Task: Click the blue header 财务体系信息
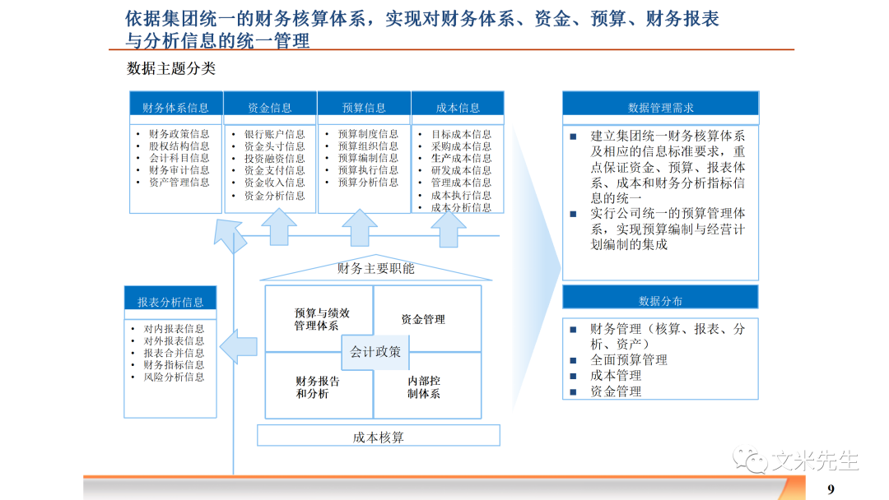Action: click(175, 108)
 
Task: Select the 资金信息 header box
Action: click(270, 108)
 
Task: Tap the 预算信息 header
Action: click(364, 108)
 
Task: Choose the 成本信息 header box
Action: click(458, 108)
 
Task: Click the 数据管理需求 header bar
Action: click(660, 108)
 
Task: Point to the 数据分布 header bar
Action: click(660, 301)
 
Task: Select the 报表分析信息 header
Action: click(170, 302)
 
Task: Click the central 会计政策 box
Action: click(375, 352)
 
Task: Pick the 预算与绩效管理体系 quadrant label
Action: click(322, 319)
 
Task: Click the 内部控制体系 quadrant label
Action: click(424, 387)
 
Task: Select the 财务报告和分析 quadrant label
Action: click(318, 387)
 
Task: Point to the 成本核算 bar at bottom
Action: click(379, 437)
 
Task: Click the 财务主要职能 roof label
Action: click(375, 269)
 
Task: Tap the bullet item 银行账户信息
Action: click(274, 134)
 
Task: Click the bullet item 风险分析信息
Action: click(174, 377)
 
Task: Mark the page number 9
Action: click(831, 488)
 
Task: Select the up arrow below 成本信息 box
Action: click(449, 227)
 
